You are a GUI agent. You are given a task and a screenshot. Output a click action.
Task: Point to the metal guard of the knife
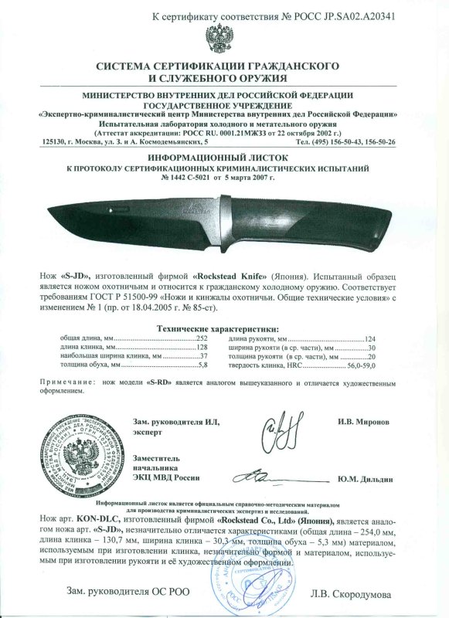[x=224, y=222]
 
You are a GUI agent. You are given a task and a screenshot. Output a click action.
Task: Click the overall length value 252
[x=202, y=339]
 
